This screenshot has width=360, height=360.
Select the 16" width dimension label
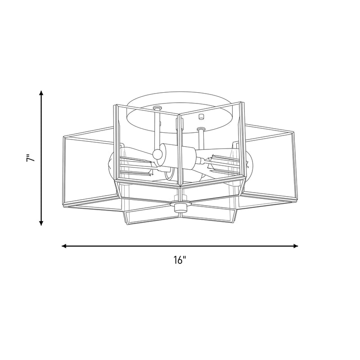(x=180, y=260)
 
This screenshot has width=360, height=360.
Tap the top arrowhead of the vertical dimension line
(x=41, y=93)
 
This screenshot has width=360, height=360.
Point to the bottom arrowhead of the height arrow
(x=41, y=223)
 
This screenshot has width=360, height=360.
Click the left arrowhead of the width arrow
(x=64, y=246)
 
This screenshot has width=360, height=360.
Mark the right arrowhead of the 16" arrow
(x=296, y=246)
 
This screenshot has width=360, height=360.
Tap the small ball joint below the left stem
(x=157, y=153)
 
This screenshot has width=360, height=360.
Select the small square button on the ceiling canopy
(x=201, y=117)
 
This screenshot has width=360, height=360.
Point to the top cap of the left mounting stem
(x=157, y=108)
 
